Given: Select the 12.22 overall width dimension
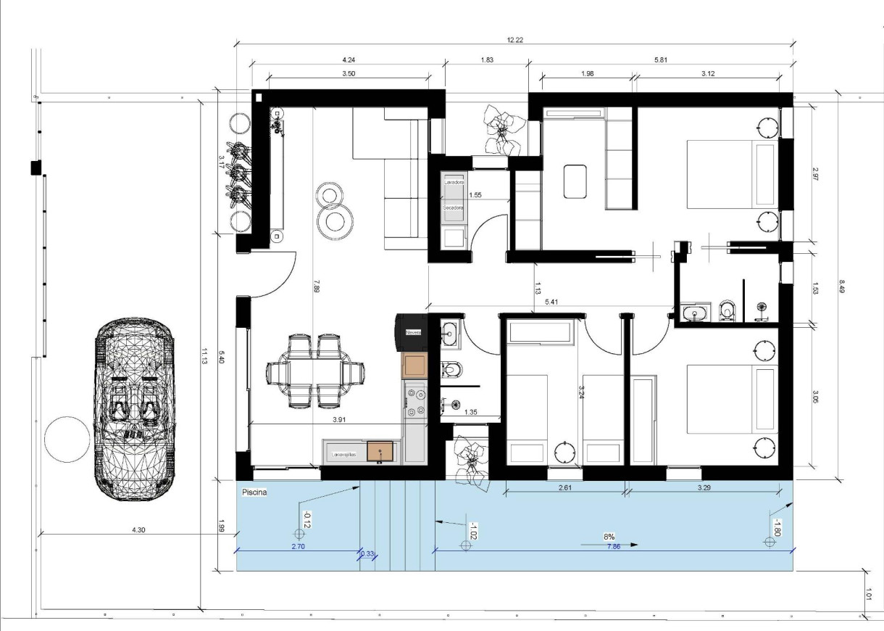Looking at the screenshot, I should tap(515, 41).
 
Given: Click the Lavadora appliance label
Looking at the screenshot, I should tap(454, 182).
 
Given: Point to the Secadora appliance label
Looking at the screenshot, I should tap(454, 207).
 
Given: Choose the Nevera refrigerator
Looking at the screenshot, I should tap(413, 332).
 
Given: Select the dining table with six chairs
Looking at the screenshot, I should tap(316, 371).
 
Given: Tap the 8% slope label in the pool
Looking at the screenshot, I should tap(610, 537).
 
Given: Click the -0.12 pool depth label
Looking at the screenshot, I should tap(307, 519).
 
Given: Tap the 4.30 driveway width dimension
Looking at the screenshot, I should tap(138, 530).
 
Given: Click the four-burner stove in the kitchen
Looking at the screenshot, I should tap(417, 402).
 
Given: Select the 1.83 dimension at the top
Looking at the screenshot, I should tap(487, 60).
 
